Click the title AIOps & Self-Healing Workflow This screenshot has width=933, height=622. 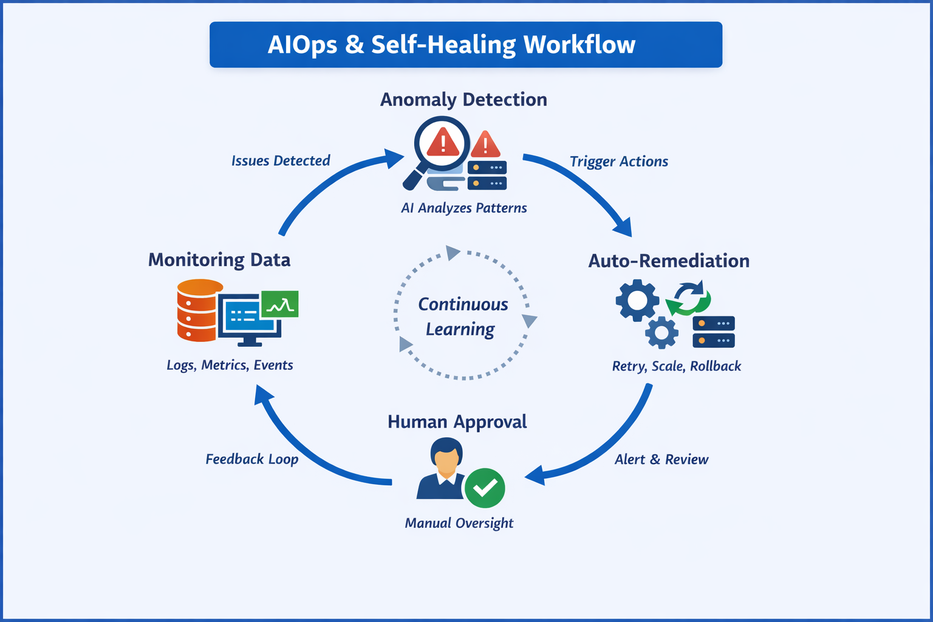(452, 45)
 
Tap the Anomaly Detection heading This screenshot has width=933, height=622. (463, 100)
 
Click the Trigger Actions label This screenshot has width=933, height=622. (618, 162)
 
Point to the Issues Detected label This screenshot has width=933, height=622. (281, 161)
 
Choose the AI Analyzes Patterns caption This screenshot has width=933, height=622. (463, 208)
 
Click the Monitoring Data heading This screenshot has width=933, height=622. (219, 260)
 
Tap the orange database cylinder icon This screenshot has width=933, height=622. (197, 310)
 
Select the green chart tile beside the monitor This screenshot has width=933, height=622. (279, 304)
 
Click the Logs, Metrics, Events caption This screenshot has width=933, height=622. (230, 365)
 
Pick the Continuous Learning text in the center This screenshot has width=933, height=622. (463, 316)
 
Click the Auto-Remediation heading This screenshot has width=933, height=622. (669, 261)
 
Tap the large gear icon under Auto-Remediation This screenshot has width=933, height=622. (637, 300)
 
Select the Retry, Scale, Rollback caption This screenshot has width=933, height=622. (677, 366)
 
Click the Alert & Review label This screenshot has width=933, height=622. (661, 460)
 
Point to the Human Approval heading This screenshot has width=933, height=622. (457, 422)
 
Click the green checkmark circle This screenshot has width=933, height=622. (485, 488)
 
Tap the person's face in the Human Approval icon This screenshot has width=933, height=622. (446, 459)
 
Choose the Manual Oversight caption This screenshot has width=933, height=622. (459, 523)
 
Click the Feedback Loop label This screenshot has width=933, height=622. (252, 459)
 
